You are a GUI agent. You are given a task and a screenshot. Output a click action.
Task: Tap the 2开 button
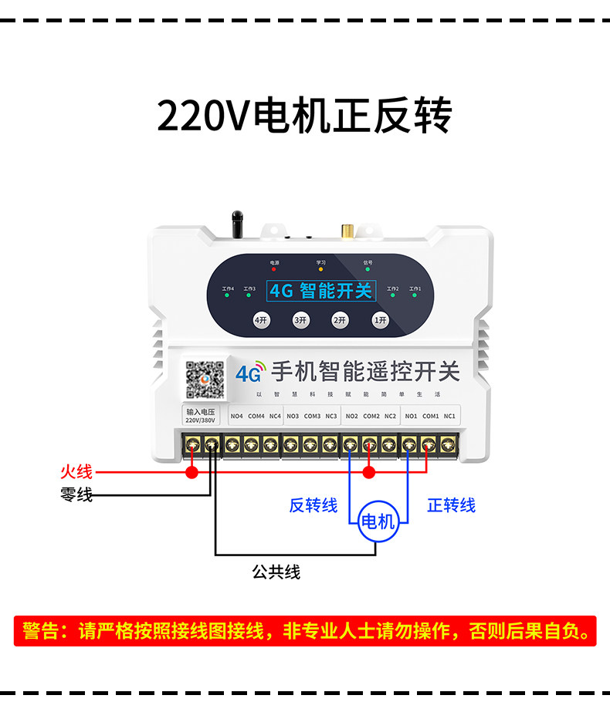[340, 319]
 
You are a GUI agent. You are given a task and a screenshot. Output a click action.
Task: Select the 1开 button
[379, 319]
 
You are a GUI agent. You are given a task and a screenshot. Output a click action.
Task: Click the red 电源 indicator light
[274, 270]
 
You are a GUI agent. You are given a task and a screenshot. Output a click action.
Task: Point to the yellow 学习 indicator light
[320, 270]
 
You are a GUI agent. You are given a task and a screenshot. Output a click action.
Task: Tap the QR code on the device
[205, 379]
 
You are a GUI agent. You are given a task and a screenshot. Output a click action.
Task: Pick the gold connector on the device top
[347, 231]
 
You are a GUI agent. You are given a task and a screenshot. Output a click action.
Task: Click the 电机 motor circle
[378, 521]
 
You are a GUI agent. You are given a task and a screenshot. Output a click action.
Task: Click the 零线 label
[76, 495]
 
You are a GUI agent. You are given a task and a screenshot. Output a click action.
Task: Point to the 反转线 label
[313, 505]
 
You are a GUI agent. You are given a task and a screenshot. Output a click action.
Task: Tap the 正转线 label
[452, 505]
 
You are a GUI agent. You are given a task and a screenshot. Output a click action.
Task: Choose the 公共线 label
[276, 572]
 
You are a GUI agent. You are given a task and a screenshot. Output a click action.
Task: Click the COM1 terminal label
[430, 417]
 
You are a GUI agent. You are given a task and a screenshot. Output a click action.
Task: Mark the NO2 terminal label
[351, 417]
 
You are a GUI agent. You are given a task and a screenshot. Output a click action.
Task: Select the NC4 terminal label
[275, 417]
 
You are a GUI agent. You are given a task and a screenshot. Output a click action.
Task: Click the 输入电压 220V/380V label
[200, 417]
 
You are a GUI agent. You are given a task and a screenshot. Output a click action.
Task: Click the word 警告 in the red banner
[41, 632]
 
